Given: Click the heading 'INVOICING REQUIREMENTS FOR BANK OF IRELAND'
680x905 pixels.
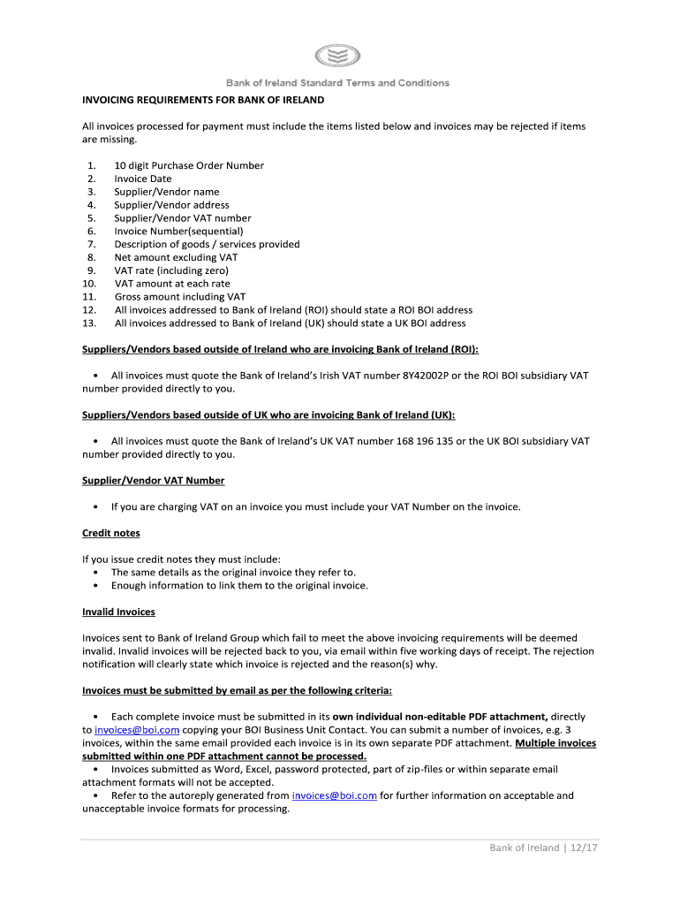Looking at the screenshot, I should [x=191, y=100].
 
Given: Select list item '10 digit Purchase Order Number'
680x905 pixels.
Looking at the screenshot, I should [x=189, y=165].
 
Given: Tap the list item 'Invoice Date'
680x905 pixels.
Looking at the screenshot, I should [x=143, y=179].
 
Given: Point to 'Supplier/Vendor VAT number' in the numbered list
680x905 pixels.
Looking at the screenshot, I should [x=182, y=218].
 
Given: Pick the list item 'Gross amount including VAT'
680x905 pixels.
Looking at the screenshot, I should [x=180, y=297].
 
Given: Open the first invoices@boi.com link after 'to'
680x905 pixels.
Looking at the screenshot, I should [x=137, y=730].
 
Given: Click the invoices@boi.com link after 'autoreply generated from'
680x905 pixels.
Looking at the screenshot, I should [x=334, y=795].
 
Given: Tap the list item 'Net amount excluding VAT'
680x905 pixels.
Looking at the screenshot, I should [x=176, y=257].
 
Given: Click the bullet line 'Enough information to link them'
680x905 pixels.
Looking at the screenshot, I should [x=238, y=585].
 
